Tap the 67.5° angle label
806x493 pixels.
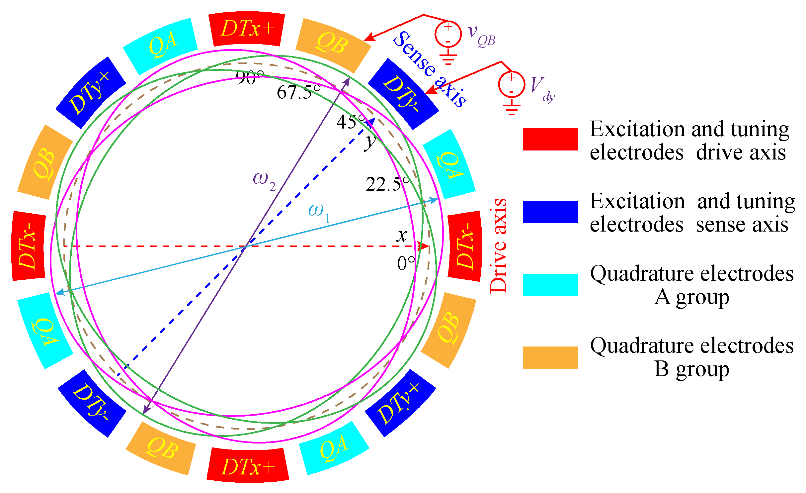pos(299,92)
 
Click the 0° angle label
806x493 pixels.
pos(406,263)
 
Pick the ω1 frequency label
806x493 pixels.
pos(319,212)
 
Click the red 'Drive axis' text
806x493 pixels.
pos(498,246)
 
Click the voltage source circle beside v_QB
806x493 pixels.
pos(448,34)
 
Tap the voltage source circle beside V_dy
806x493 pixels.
pos(512,85)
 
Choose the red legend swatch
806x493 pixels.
pos(550,139)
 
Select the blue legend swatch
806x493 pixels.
pos(550,212)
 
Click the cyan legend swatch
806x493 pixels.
pos(550,285)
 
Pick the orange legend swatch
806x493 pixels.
pos(550,357)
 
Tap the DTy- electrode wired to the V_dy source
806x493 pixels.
pos(403,94)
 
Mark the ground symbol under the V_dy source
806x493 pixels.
pos(512,109)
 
